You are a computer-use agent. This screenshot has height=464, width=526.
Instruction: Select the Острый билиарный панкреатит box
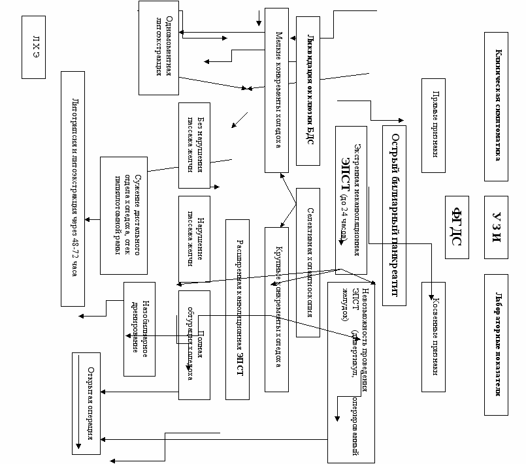395,214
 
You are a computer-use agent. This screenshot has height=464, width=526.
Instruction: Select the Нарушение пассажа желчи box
194,232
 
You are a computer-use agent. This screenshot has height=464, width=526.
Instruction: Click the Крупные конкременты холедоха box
276,309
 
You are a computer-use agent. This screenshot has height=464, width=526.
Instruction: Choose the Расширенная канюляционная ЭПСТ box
238,309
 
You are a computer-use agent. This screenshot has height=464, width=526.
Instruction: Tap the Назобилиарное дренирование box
139,329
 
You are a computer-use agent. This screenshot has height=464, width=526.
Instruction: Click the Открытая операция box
86,401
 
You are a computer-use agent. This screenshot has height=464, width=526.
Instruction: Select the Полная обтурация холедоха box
194,345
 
